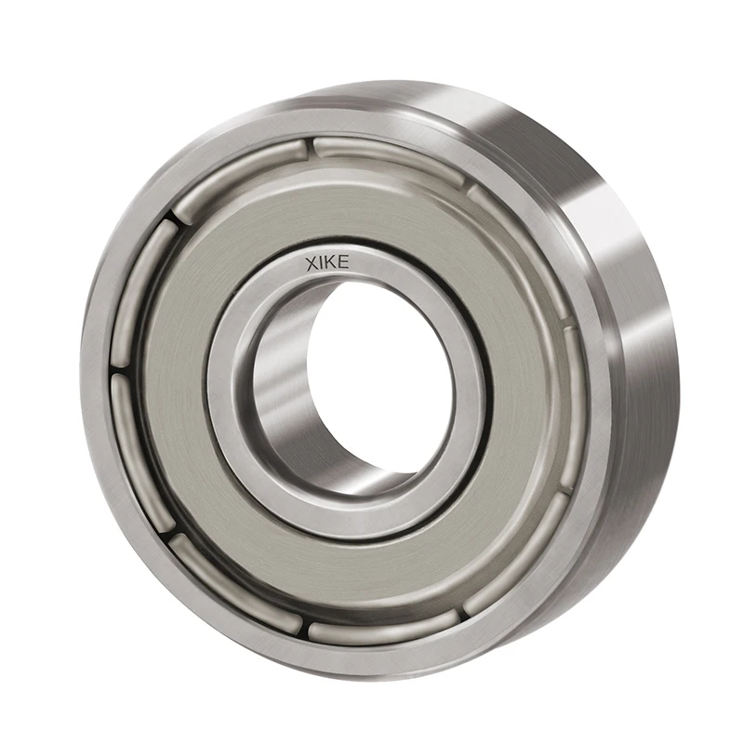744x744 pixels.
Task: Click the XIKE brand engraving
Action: click(327, 262)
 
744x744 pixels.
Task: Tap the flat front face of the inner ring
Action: click(232, 409)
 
